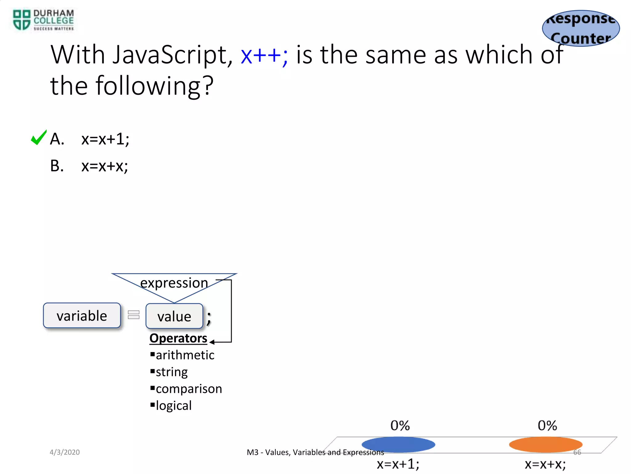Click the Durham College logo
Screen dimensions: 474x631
(43, 20)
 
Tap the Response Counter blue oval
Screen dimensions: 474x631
(581, 28)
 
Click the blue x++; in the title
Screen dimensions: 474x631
(264, 55)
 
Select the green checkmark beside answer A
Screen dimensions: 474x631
(39, 138)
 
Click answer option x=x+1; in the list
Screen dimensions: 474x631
(105, 139)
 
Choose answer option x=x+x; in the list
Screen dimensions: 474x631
(104, 166)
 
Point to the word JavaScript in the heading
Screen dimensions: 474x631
(173, 55)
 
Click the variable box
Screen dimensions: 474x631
(82, 316)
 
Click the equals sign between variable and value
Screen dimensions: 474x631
(133, 315)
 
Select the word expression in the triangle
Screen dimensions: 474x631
(174, 283)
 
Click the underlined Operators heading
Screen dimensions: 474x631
(178, 338)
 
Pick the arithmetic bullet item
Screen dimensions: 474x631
(185, 355)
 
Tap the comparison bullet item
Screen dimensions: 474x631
(189, 389)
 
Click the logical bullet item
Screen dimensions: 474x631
(173, 405)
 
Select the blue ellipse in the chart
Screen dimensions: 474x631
(398, 445)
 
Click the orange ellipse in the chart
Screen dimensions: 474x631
(546, 445)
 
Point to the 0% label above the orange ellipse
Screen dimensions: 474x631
(547, 426)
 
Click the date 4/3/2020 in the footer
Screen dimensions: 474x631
(65, 452)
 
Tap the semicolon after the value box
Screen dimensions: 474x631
(209, 318)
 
